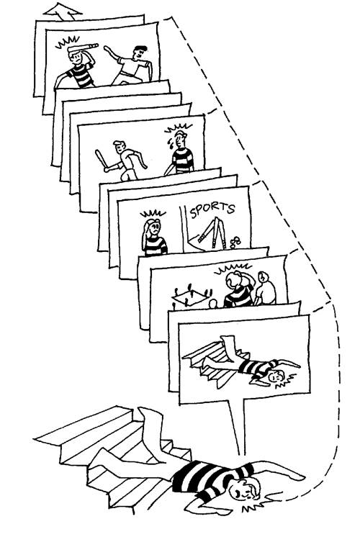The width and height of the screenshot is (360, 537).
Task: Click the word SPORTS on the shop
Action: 212,209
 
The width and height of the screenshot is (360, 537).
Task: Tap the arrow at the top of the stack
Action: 63,10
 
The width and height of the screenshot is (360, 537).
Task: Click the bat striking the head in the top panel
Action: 83,48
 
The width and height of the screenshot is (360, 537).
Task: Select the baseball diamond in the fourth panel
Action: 191,296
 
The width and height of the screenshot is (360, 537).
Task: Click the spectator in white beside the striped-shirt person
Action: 265,289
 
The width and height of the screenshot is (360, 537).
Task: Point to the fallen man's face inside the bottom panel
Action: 276,376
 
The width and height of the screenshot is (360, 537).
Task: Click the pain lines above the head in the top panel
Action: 67,42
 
